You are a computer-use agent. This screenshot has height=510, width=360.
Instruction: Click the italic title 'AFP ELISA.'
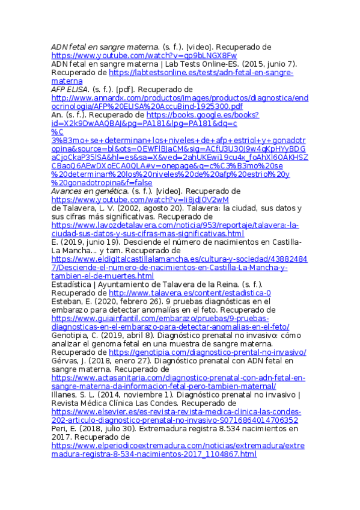tap(68, 89)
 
